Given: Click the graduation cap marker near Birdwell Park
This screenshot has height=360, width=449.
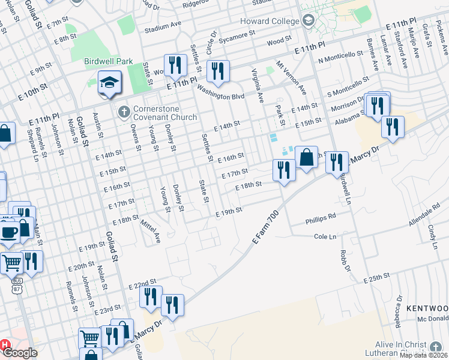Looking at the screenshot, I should [x=109, y=83].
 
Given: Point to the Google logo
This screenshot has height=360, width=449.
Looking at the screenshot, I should [x=20, y=353].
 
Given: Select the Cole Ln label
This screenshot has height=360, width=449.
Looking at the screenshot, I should [x=325, y=236].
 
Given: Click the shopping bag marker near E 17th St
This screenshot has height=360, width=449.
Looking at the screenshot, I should [x=306, y=158].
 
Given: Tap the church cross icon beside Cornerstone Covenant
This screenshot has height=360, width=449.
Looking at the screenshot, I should [x=124, y=111].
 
